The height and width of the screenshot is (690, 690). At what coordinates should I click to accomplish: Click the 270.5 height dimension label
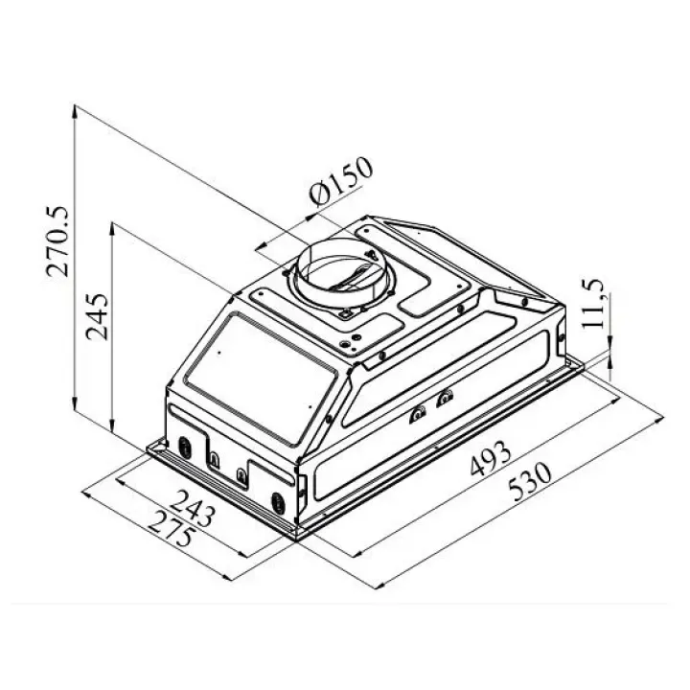click(57, 241)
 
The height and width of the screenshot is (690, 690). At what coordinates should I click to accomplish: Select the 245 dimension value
click(97, 317)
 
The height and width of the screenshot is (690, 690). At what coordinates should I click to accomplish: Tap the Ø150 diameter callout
click(341, 181)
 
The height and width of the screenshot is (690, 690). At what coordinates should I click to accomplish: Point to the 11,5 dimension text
click(594, 303)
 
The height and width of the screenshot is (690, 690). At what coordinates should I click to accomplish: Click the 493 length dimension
click(491, 458)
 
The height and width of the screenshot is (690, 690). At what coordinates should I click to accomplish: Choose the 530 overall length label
click(529, 481)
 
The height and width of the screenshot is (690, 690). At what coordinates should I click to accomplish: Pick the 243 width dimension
click(193, 508)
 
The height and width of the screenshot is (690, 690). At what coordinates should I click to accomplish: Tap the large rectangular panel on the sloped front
click(262, 378)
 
